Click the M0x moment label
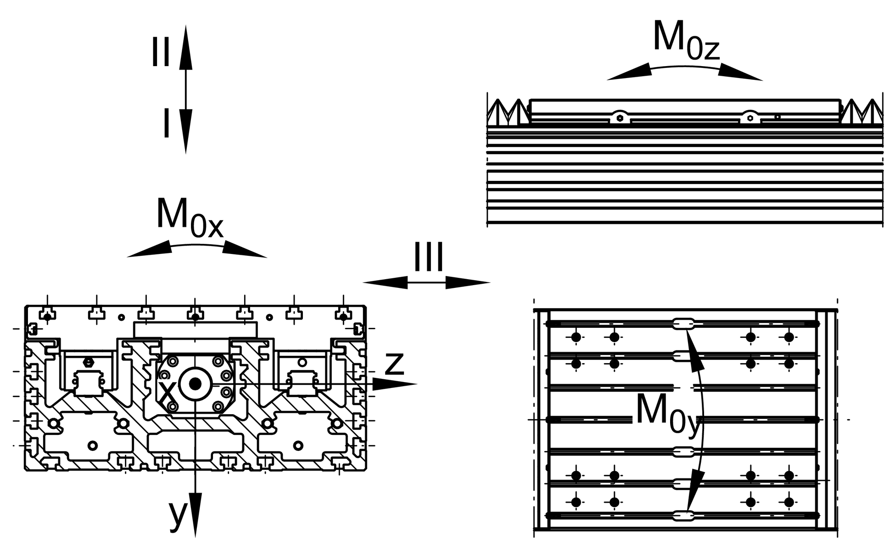(x=190, y=218)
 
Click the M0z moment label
(x=686, y=40)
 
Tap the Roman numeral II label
(x=161, y=53)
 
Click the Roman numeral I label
(x=167, y=123)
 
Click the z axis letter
(x=394, y=364)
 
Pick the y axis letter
(x=177, y=516)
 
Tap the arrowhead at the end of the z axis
(x=394, y=384)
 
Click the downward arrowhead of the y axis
(x=196, y=515)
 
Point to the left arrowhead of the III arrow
(x=385, y=282)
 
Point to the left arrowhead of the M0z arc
(x=629, y=73)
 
